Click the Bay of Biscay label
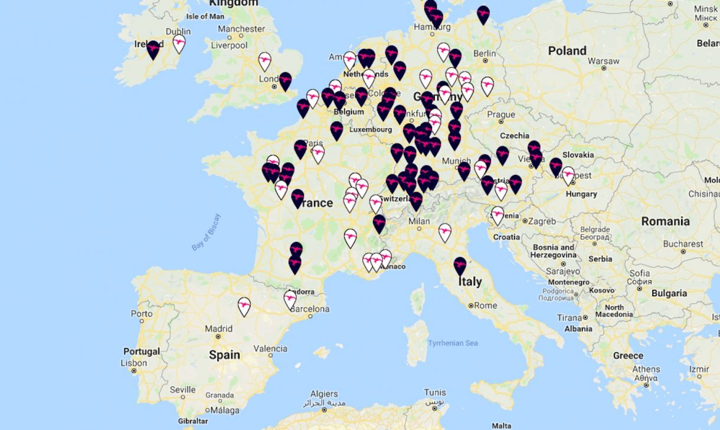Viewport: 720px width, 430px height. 206,232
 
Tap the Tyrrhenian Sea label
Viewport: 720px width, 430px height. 453,343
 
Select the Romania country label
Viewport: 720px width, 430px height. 666,221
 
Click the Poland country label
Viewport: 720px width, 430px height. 567,51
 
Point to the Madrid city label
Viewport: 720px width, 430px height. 218,329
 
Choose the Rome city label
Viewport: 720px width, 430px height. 485,306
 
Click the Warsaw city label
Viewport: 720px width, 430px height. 603,61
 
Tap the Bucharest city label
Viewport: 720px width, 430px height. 682,244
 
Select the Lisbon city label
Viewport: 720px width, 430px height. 133,363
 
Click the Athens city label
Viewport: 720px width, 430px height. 646,370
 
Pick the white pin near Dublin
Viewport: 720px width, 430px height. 179,43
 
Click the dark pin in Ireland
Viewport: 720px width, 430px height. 153,49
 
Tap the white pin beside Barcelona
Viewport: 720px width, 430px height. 290,298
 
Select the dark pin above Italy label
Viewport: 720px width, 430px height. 460,265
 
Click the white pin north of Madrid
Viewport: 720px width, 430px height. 244,306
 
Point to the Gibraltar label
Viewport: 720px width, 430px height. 193,421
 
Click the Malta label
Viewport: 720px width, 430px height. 502,425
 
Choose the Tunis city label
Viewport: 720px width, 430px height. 435,392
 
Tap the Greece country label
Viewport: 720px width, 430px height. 628,356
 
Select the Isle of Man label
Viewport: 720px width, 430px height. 205,16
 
